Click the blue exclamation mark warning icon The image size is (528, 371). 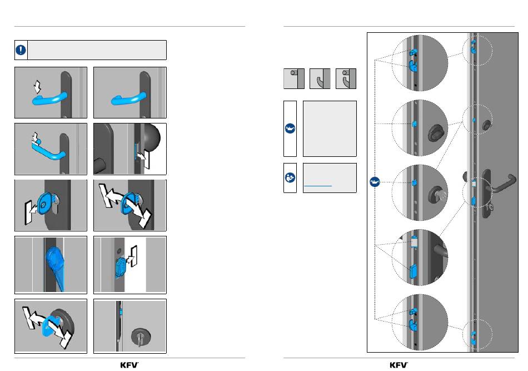tap(21, 50)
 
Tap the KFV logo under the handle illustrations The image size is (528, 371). tap(129, 365)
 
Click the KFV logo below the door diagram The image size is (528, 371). tap(399, 365)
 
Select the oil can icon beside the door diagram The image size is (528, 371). tap(375, 182)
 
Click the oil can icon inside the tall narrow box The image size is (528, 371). tap(290, 128)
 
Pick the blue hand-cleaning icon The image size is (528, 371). tap(290, 177)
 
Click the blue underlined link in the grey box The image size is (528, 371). tap(318, 186)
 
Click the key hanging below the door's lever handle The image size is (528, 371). tap(490, 206)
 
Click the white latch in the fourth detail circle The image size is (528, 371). tap(414, 243)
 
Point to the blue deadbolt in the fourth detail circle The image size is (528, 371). tap(413, 271)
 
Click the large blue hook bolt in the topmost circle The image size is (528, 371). tap(413, 66)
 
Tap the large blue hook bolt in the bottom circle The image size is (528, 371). tap(413, 324)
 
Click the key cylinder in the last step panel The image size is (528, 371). tap(141, 336)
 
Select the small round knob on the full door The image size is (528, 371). tap(486, 125)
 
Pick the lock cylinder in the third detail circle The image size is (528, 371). tap(437, 195)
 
